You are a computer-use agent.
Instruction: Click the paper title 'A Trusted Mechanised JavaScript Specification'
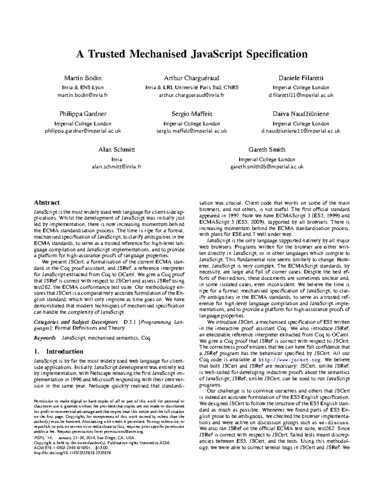click(192, 54)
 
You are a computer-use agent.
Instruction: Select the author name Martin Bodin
click(83, 78)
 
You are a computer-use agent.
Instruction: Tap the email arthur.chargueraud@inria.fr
click(192, 95)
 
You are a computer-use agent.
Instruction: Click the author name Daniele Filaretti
click(301, 78)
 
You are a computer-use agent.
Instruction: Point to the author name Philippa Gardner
click(83, 114)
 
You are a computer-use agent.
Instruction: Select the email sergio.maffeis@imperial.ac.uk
click(192, 131)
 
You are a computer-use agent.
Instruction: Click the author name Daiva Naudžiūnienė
click(301, 114)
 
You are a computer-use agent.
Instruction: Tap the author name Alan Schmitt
click(117, 149)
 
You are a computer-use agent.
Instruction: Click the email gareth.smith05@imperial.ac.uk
click(267, 167)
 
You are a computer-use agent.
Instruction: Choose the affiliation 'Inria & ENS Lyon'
click(83, 88)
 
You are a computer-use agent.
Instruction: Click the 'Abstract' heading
click(47, 203)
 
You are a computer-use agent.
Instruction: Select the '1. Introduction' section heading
click(59, 351)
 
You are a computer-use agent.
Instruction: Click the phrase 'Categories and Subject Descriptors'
click(76, 322)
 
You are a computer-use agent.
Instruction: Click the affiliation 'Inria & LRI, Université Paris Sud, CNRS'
click(192, 88)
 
